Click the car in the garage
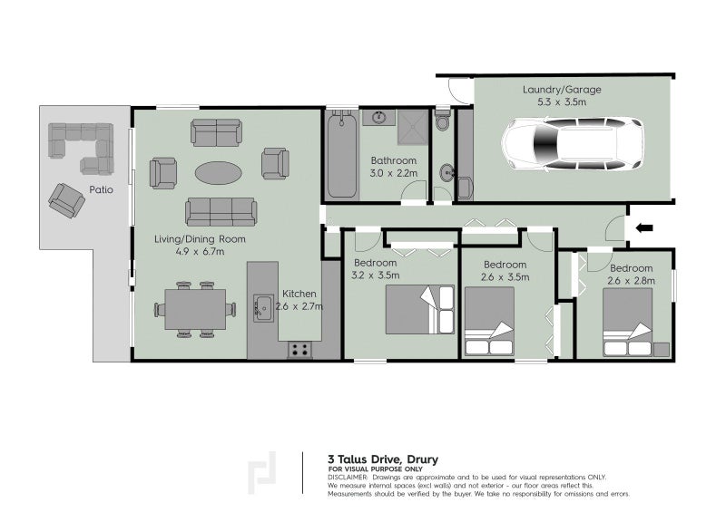pos(573,145)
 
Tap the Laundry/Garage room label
pos(562,90)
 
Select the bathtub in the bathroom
pos(343,156)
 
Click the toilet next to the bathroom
pos(442,122)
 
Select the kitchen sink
pos(264,308)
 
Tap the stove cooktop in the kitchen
pos(300,349)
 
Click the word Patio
pos(101,190)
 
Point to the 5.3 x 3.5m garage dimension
pos(562,103)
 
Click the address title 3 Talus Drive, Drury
pos(382,459)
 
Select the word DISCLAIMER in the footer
pos(348,477)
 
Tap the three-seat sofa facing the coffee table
pos(220,212)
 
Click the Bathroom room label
pos(392,160)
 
